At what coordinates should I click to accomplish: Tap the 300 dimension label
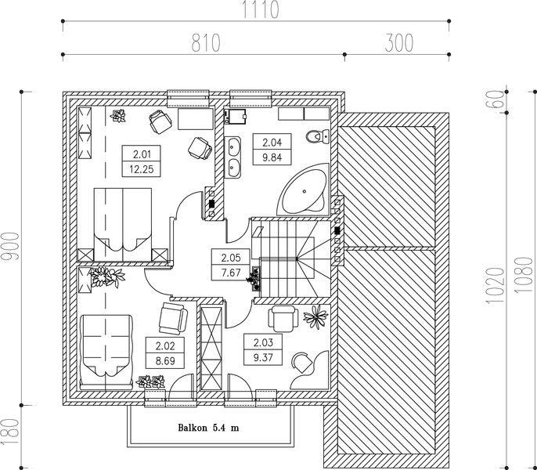[398, 43]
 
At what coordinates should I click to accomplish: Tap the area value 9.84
[272, 157]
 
